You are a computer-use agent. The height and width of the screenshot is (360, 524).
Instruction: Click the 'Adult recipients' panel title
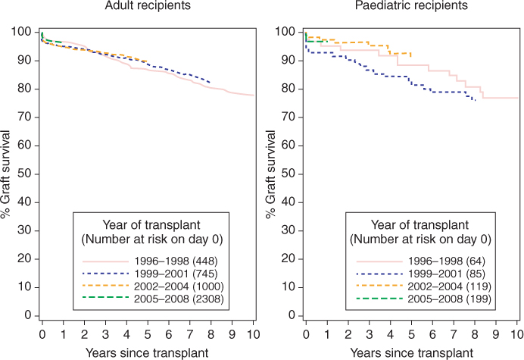148,7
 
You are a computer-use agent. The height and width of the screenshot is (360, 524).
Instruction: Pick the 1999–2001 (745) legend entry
149,277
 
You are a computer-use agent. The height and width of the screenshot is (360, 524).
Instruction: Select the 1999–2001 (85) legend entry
413,277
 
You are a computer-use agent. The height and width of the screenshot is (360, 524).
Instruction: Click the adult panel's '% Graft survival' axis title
7,173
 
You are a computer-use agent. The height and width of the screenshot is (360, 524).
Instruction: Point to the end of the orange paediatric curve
411,55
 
